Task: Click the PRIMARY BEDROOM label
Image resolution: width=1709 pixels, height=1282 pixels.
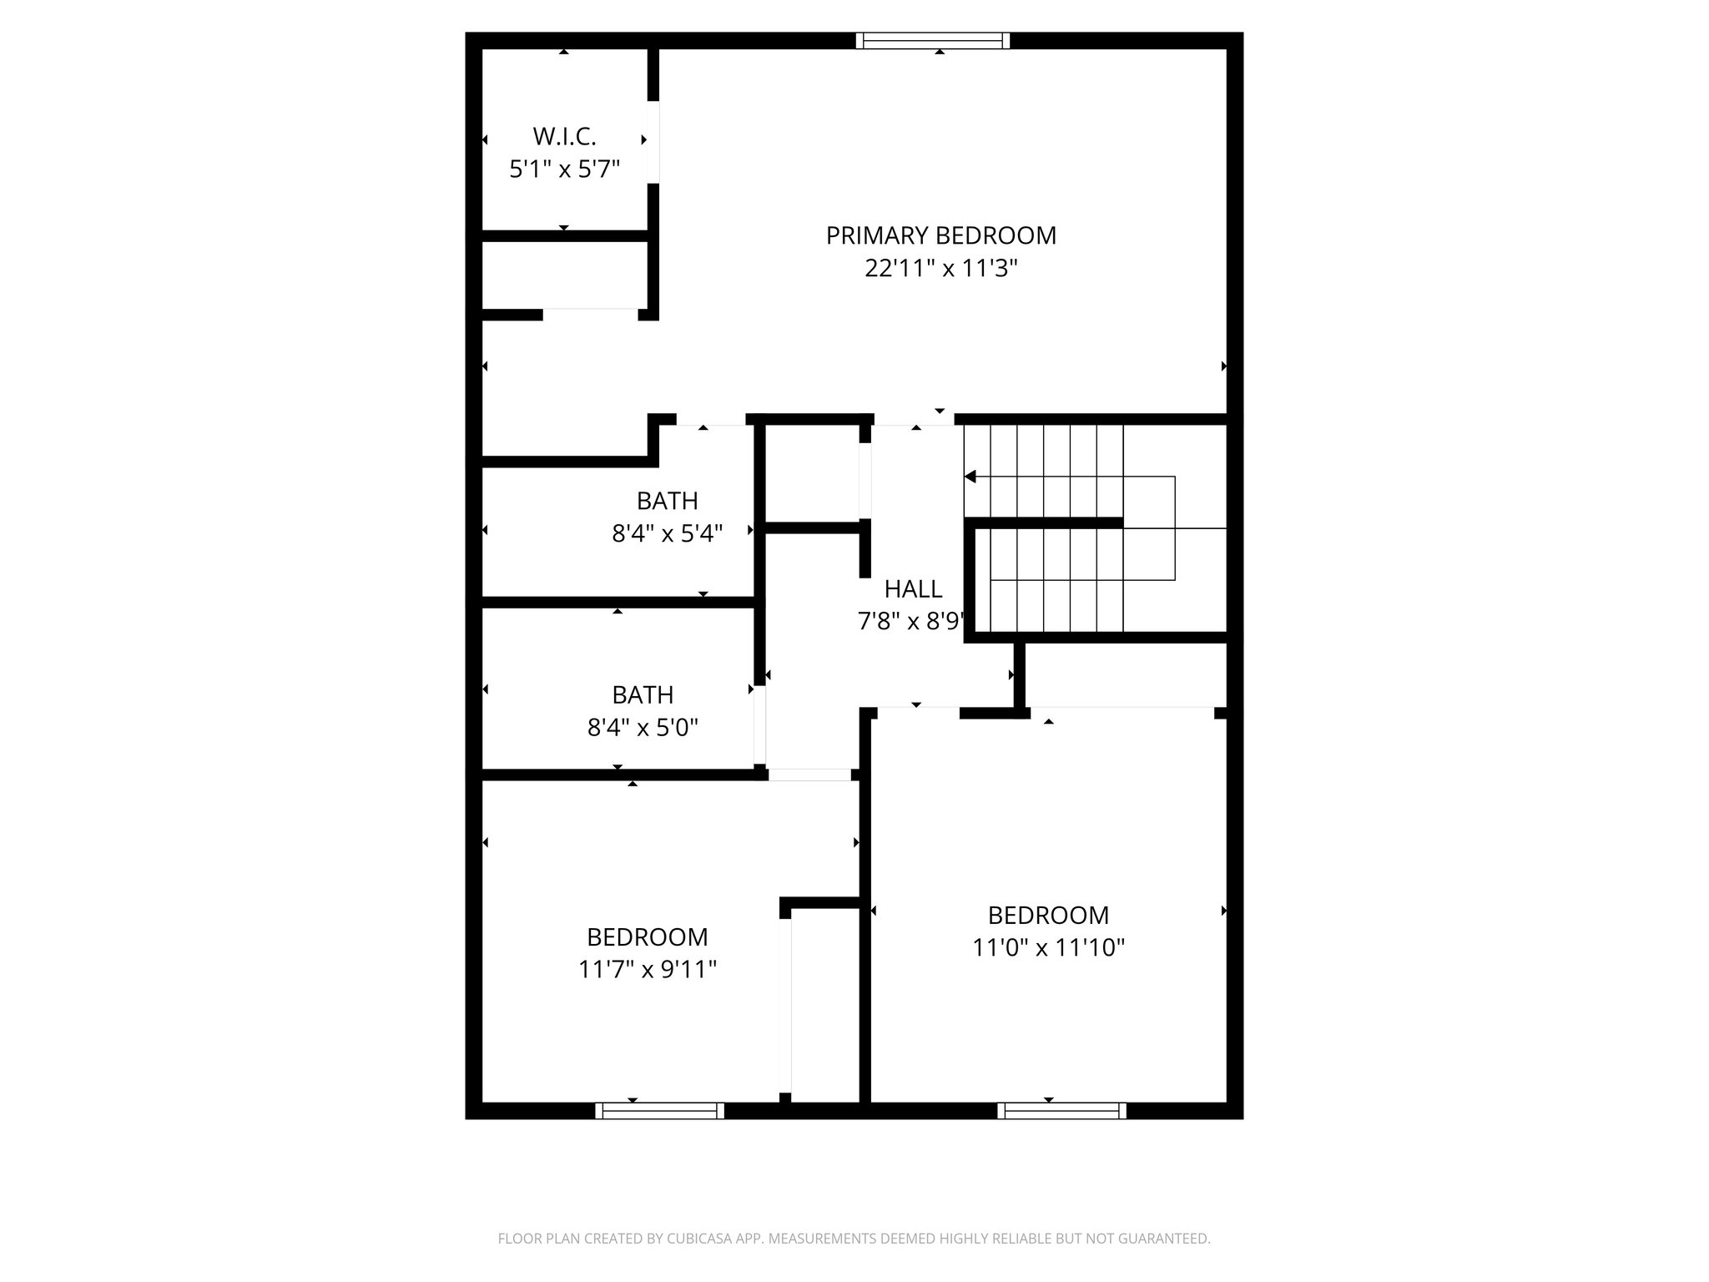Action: (940, 235)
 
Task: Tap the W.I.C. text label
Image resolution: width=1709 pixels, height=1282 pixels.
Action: (564, 136)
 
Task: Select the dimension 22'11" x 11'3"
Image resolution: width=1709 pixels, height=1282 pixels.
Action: (941, 269)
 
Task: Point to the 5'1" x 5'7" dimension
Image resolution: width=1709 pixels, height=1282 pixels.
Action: (564, 169)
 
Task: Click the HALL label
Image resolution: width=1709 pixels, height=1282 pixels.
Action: (913, 589)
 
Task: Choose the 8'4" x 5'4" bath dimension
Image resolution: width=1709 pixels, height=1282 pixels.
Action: (667, 533)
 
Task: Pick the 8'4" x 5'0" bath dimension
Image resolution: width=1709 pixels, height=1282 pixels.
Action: (643, 728)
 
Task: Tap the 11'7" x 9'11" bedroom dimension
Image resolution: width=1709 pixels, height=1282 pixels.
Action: (648, 969)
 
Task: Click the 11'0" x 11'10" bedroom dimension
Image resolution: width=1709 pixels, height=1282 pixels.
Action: (1048, 948)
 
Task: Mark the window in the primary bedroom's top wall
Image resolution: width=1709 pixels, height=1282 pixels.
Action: (933, 41)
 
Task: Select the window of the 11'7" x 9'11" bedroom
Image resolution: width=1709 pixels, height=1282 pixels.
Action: (659, 1111)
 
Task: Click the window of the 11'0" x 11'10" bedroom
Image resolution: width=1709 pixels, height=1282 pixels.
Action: (1061, 1111)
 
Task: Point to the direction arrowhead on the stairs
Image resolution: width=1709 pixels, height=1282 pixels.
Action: (970, 477)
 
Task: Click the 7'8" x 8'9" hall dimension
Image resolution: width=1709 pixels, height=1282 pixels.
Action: (911, 622)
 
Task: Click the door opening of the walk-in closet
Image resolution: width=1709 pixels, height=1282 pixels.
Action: (653, 142)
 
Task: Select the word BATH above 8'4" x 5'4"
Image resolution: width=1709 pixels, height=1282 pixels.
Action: (667, 501)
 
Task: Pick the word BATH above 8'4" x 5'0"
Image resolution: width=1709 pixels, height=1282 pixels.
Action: (643, 694)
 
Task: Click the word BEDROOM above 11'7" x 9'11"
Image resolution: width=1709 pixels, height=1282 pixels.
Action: (648, 936)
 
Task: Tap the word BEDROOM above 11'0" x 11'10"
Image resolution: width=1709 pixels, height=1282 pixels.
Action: (1048, 916)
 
